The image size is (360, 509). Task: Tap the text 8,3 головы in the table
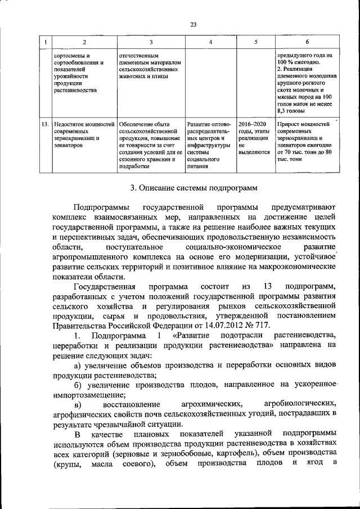pyautogui.click(x=294, y=112)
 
